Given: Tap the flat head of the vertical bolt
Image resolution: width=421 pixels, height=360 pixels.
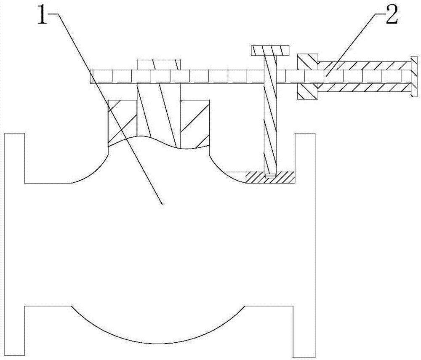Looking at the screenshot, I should pos(270,51).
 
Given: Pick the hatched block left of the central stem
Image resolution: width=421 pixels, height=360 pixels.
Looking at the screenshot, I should pos(123,122).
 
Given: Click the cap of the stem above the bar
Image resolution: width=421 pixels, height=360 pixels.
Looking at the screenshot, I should pos(159,64).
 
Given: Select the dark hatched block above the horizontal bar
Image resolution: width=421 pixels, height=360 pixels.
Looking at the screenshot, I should pos(307,62).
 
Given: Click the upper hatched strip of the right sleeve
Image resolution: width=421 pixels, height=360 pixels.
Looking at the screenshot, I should pos(362,65).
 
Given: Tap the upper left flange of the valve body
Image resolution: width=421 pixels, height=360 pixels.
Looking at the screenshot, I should pos(14,158).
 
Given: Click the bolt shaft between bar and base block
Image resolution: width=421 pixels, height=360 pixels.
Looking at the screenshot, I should pos(269,126).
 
